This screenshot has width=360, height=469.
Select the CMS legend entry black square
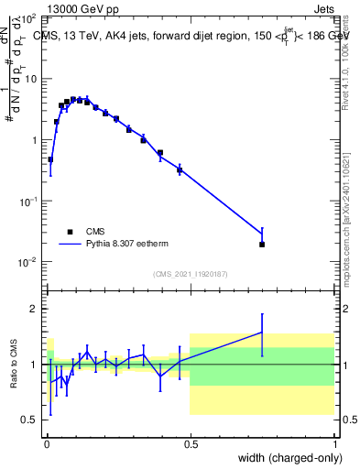pyautogui.click(x=69, y=232)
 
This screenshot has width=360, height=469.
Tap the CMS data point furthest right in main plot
pyautogui.click(x=262, y=245)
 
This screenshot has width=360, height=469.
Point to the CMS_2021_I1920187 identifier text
pyautogui.click(x=191, y=274)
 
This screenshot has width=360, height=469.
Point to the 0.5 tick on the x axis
pyautogui.click(x=191, y=444)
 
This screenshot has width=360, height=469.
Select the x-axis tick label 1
pyautogui.click(x=333, y=444)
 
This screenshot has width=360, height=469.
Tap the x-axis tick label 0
pyautogui.click(x=47, y=444)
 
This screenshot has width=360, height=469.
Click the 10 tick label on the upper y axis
pyautogui.click(x=30, y=79)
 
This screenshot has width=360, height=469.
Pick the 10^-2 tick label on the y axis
pyautogui.click(x=28, y=262)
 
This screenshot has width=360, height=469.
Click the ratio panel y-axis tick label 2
pyautogui.click(x=36, y=309)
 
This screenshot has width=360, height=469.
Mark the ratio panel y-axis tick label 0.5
pyautogui.click(x=31, y=420)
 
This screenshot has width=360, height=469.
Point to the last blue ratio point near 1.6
pyautogui.click(x=262, y=333)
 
